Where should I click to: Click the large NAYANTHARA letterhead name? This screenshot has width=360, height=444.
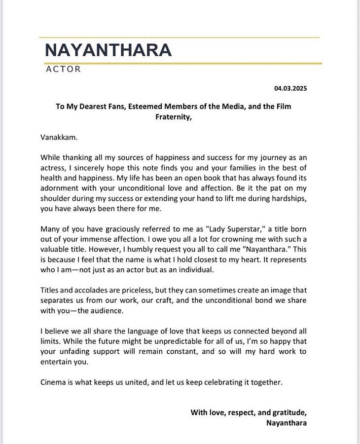(x=108, y=50)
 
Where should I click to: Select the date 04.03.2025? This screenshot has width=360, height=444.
(x=291, y=88)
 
